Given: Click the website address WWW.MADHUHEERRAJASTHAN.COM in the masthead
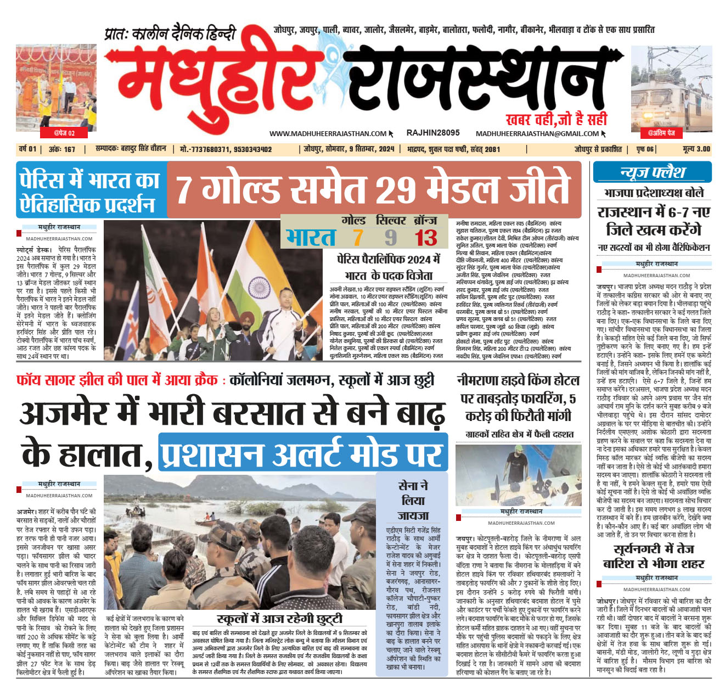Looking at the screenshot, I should point(328,133).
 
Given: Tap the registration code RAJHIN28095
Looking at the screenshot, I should point(433,133).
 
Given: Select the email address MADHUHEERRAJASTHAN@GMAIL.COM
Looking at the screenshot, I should point(537,133).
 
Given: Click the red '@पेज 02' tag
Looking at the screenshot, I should point(64,133).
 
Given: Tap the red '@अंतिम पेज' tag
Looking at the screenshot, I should point(661,133).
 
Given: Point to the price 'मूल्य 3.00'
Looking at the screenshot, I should point(696,149).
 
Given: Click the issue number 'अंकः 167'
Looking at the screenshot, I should point(62,149).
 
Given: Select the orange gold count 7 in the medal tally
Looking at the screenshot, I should point(358,238).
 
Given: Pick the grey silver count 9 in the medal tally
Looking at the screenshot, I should point(390,238).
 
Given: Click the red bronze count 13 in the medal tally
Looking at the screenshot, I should point(426,238).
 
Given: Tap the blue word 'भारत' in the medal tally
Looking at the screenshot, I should point(311,238).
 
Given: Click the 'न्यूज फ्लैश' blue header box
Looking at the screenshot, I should point(652,172).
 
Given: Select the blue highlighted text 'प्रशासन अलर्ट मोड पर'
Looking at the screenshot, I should point(302,454).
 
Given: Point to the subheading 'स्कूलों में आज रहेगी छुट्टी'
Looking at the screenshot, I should point(279,619).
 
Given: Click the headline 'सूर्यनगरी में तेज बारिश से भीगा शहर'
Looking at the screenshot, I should point(653,556).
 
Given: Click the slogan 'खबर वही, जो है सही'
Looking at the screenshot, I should point(556,119).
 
